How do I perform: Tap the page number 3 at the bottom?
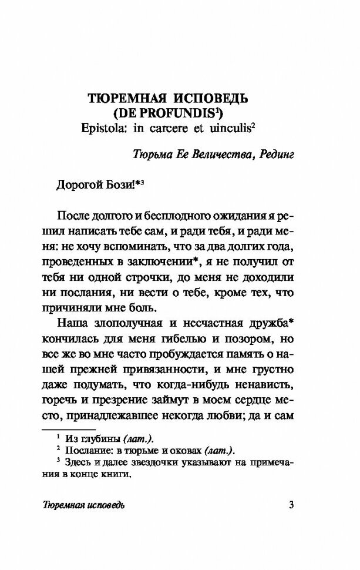(x=292, y=505)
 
